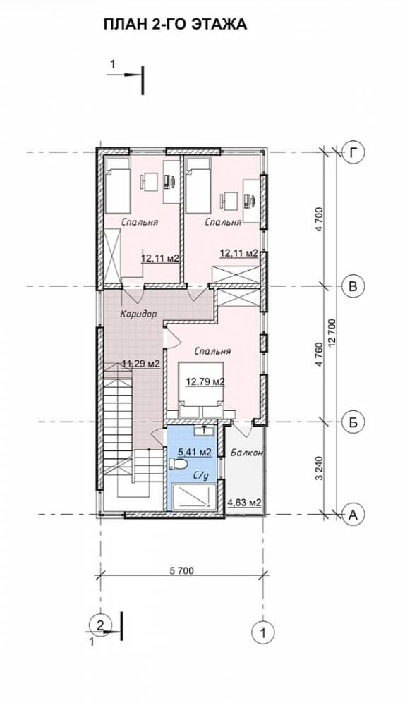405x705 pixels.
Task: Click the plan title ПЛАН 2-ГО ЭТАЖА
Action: pos(175,24)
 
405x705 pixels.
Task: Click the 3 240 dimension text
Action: pos(320,469)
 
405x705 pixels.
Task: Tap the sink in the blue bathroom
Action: pos(205,430)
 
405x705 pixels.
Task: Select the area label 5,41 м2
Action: pos(195,453)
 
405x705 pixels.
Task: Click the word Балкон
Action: pos(247,453)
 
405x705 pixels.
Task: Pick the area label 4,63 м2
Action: pos(245,502)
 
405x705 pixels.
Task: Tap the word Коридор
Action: pos(138,314)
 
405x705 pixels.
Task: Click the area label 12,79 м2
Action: pos(205,382)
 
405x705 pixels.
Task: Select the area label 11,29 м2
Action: pos(141,364)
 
